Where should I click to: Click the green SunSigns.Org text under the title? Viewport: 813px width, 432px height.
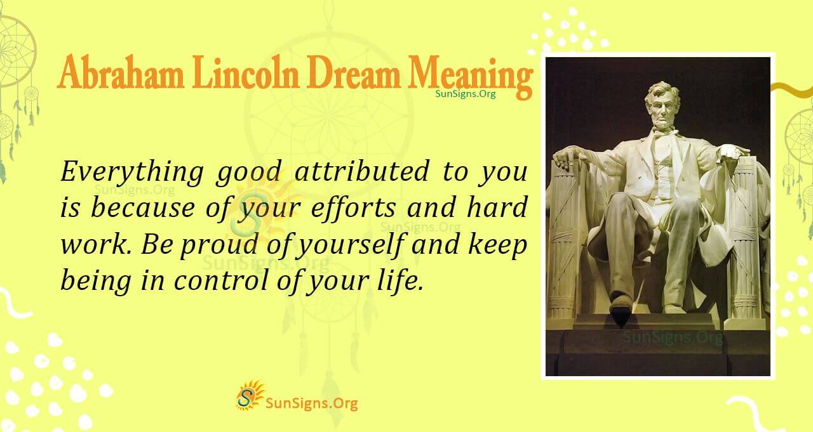pos(466,93)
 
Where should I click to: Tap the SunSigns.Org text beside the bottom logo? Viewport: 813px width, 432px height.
pos(311,402)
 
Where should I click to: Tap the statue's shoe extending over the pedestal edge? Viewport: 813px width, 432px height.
pos(621,306)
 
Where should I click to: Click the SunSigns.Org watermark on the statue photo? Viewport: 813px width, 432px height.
pos(671,337)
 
